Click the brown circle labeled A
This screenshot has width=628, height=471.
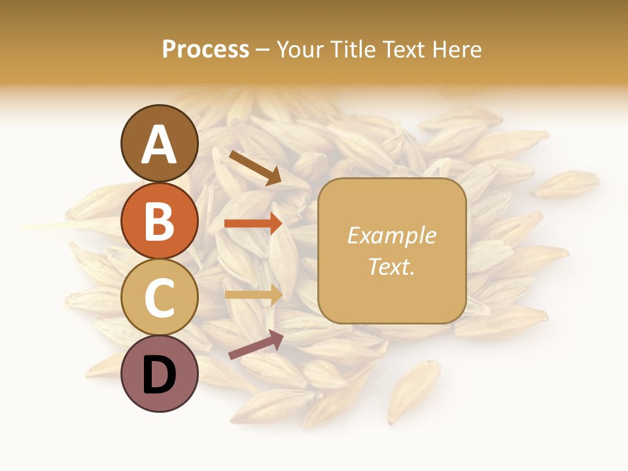coord(159,143)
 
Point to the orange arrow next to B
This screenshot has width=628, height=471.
coord(253,223)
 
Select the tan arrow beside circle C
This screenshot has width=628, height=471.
coord(253,294)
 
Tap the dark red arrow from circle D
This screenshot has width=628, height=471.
coord(255,344)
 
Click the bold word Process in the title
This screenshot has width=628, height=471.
coord(205,50)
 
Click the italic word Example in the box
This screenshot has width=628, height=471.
coord(391,235)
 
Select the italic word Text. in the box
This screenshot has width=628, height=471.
coord(391,266)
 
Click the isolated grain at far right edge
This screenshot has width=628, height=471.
coord(567,184)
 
